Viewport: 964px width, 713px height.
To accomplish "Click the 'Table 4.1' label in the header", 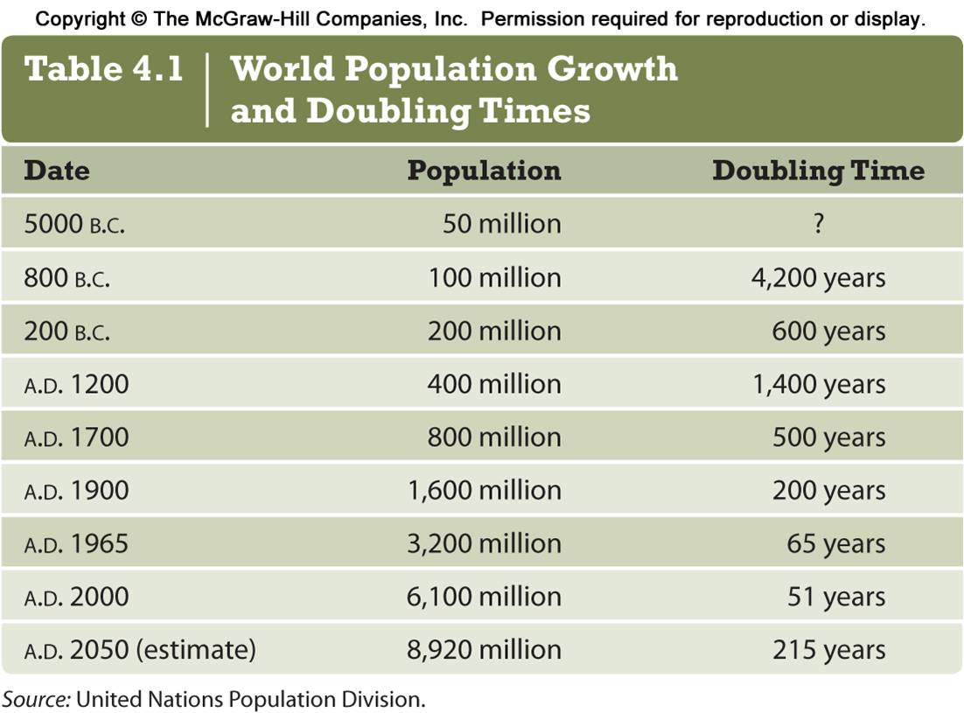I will tap(104, 69).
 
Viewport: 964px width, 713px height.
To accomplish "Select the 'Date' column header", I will tap(57, 170).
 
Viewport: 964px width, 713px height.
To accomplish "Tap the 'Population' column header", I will tap(484, 170).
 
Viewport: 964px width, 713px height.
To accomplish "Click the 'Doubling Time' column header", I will tap(818, 170).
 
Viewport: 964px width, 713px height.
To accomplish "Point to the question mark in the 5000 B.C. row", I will tap(818, 224).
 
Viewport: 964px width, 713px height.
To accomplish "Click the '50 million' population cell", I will tap(501, 224).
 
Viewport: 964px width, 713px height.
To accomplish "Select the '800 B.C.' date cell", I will tap(67, 278).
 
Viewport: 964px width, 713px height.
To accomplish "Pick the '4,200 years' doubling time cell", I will tap(819, 278).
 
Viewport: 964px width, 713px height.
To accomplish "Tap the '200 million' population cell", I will tap(494, 332).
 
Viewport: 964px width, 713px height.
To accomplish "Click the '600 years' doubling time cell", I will tap(828, 332).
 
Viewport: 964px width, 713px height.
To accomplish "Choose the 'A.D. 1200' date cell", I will tap(76, 384).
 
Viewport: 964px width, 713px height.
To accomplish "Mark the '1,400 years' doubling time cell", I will tap(819, 384).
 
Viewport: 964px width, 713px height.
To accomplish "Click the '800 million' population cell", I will tap(494, 437).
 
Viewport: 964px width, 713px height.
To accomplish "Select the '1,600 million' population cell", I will tap(485, 491).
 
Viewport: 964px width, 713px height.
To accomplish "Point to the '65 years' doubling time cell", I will tap(835, 544).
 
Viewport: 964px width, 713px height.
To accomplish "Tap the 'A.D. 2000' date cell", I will tap(76, 598).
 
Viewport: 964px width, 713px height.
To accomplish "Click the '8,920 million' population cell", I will tap(485, 650).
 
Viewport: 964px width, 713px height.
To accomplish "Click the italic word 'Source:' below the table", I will tap(36, 699).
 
